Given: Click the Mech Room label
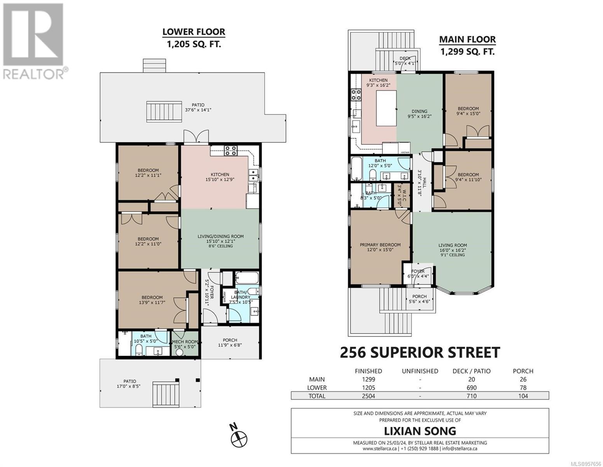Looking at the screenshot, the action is tap(185, 341).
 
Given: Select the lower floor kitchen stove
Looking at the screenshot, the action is tap(231, 150).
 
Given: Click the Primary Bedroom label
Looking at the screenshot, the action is tap(380, 245).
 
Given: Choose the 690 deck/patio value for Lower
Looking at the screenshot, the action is tap(471, 388).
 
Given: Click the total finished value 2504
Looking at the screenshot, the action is tap(368, 396).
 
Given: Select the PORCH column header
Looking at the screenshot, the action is tap(523, 371).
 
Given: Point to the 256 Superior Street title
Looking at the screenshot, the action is tap(420, 353).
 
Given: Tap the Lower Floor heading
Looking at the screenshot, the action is tap(194, 32).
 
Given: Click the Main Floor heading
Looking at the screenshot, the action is tap(467, 39).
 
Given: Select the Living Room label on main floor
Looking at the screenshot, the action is tap(453, 245).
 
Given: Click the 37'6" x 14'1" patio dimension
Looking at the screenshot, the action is tap(198, 110).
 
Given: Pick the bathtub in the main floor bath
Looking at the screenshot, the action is tap(356, 169).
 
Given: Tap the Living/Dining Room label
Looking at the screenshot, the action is tap(221, 236).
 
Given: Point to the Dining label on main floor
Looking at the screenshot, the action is tap(419, 111).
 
